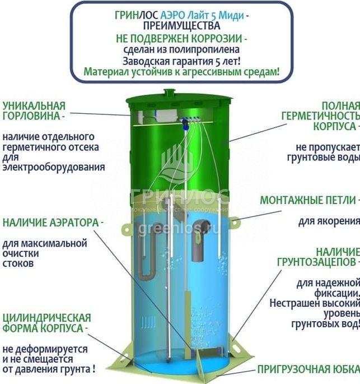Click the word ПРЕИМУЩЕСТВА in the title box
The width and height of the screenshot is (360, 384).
[181, 26]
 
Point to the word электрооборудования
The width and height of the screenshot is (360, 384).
[54, 167]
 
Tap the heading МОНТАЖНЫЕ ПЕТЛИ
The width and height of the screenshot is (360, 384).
[308, 200]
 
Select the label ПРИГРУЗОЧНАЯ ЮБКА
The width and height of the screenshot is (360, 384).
[308, 369]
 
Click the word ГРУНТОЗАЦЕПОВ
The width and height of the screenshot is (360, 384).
[316, 262]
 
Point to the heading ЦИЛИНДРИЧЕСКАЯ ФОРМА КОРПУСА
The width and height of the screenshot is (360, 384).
[46, 323]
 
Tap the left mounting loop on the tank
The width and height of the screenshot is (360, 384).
[127, 229]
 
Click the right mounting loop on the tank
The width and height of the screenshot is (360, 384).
[235, 223]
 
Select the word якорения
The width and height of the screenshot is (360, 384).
[329, 221]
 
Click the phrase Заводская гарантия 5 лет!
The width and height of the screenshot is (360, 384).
[181, 61]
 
